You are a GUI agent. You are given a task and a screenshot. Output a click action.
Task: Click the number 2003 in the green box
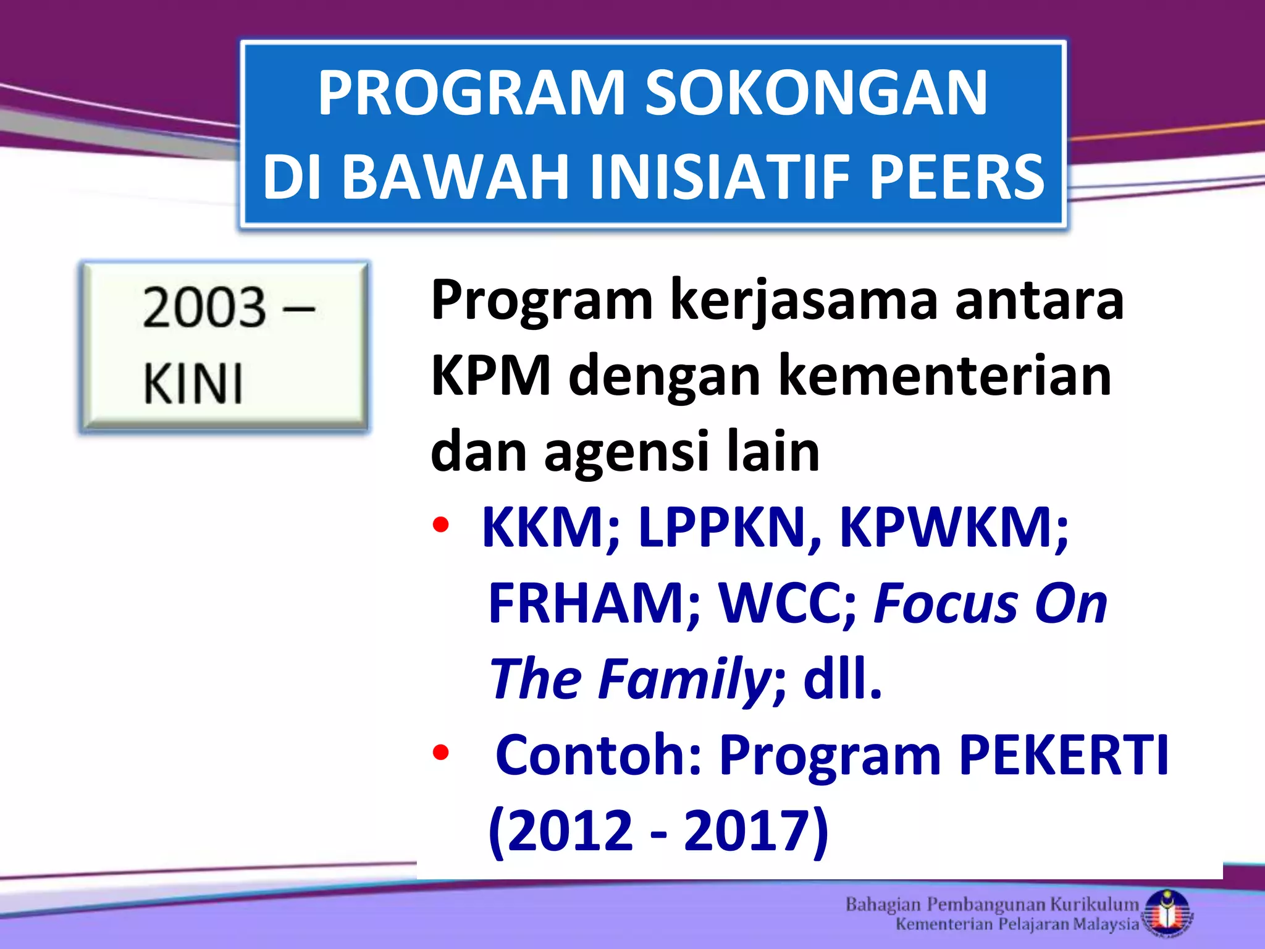tap(204, 307)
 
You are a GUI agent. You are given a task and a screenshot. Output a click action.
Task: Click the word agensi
tap(626, 451)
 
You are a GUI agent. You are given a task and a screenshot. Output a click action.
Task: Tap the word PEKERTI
tap(1064, 754)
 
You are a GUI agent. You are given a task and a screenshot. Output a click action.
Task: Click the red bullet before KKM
tap(440, 526)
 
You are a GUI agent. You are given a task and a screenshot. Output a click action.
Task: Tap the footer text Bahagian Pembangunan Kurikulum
tap(991, 905)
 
